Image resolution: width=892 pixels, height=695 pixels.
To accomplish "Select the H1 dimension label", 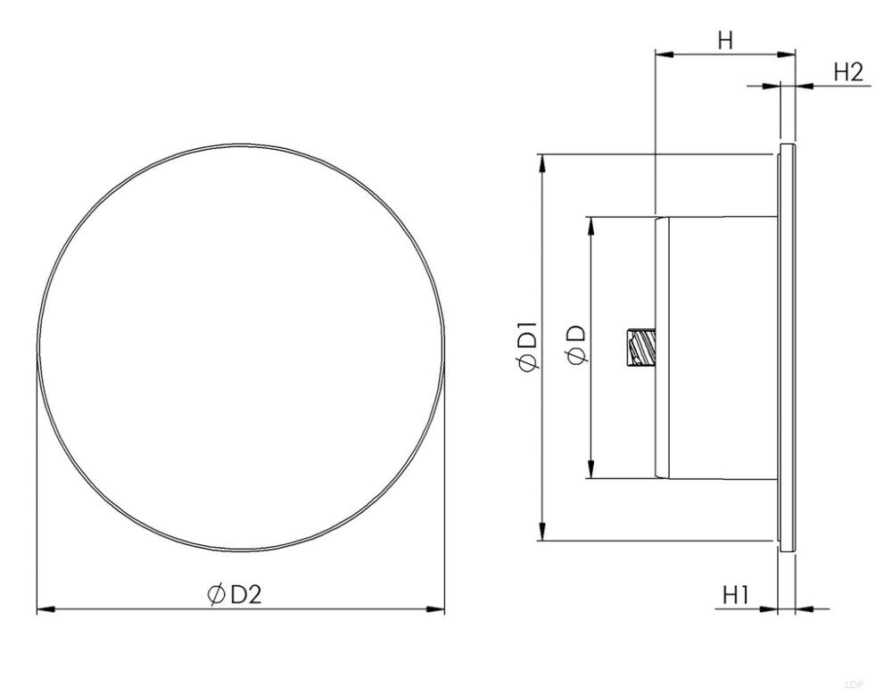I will (735, 594).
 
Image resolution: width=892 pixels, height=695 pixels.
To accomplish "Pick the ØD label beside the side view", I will (576, 343).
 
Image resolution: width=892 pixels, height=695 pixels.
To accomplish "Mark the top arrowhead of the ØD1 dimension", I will (543, 161).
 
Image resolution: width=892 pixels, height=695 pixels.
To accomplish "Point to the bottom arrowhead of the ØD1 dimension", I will (543, 532).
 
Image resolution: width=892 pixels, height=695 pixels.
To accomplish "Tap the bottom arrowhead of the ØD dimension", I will (591, 470).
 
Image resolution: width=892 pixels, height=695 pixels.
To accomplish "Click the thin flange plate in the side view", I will (785, 348).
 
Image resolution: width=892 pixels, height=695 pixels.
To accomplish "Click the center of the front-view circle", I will (241, 347).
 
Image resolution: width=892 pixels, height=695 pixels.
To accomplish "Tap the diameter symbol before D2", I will (215, 595).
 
